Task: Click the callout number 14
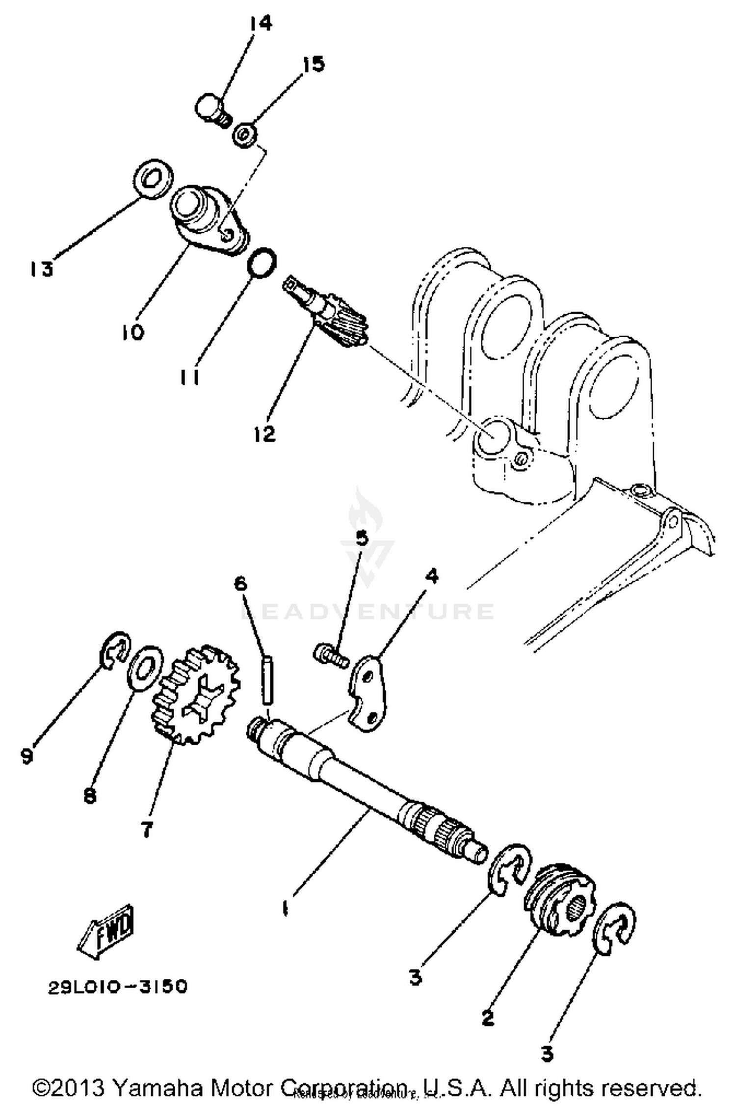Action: pyautogui.click(x=260, y=23)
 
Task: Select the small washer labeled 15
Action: pyautogui.click(x=244, y=135)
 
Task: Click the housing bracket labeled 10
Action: pyautogui.click(x=206, y=220)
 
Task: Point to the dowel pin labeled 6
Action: pyautogui.click(x=268, y=681)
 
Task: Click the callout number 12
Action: pyautogui.click(x=265, y=433)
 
